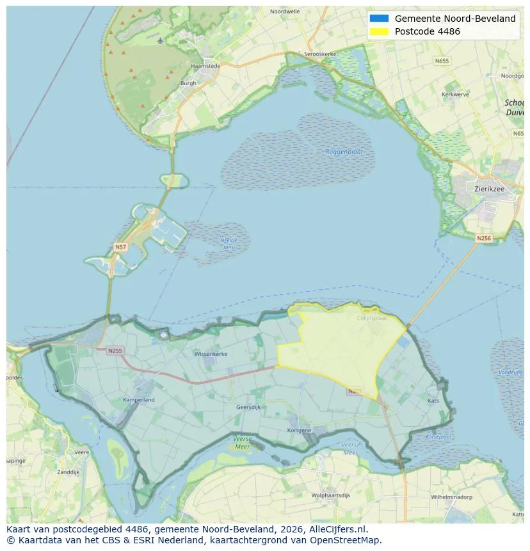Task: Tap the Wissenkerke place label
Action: [211, 353]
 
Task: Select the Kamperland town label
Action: [139, 400]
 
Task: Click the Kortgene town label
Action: [300, 429]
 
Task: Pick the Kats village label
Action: [433, 401]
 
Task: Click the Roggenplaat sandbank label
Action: [344, 152]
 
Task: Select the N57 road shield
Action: [120, 246]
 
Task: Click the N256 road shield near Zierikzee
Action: [484, 238]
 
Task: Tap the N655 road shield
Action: [441, 61]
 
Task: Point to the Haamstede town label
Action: [205, 66]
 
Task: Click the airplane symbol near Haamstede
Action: [160, 40]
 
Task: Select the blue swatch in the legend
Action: [379, 19]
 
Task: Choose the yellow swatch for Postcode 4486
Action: [379, 31]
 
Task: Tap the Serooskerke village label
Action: [320, 54]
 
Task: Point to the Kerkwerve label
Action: [456, 94]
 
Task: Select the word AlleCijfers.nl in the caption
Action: [343, 529]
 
